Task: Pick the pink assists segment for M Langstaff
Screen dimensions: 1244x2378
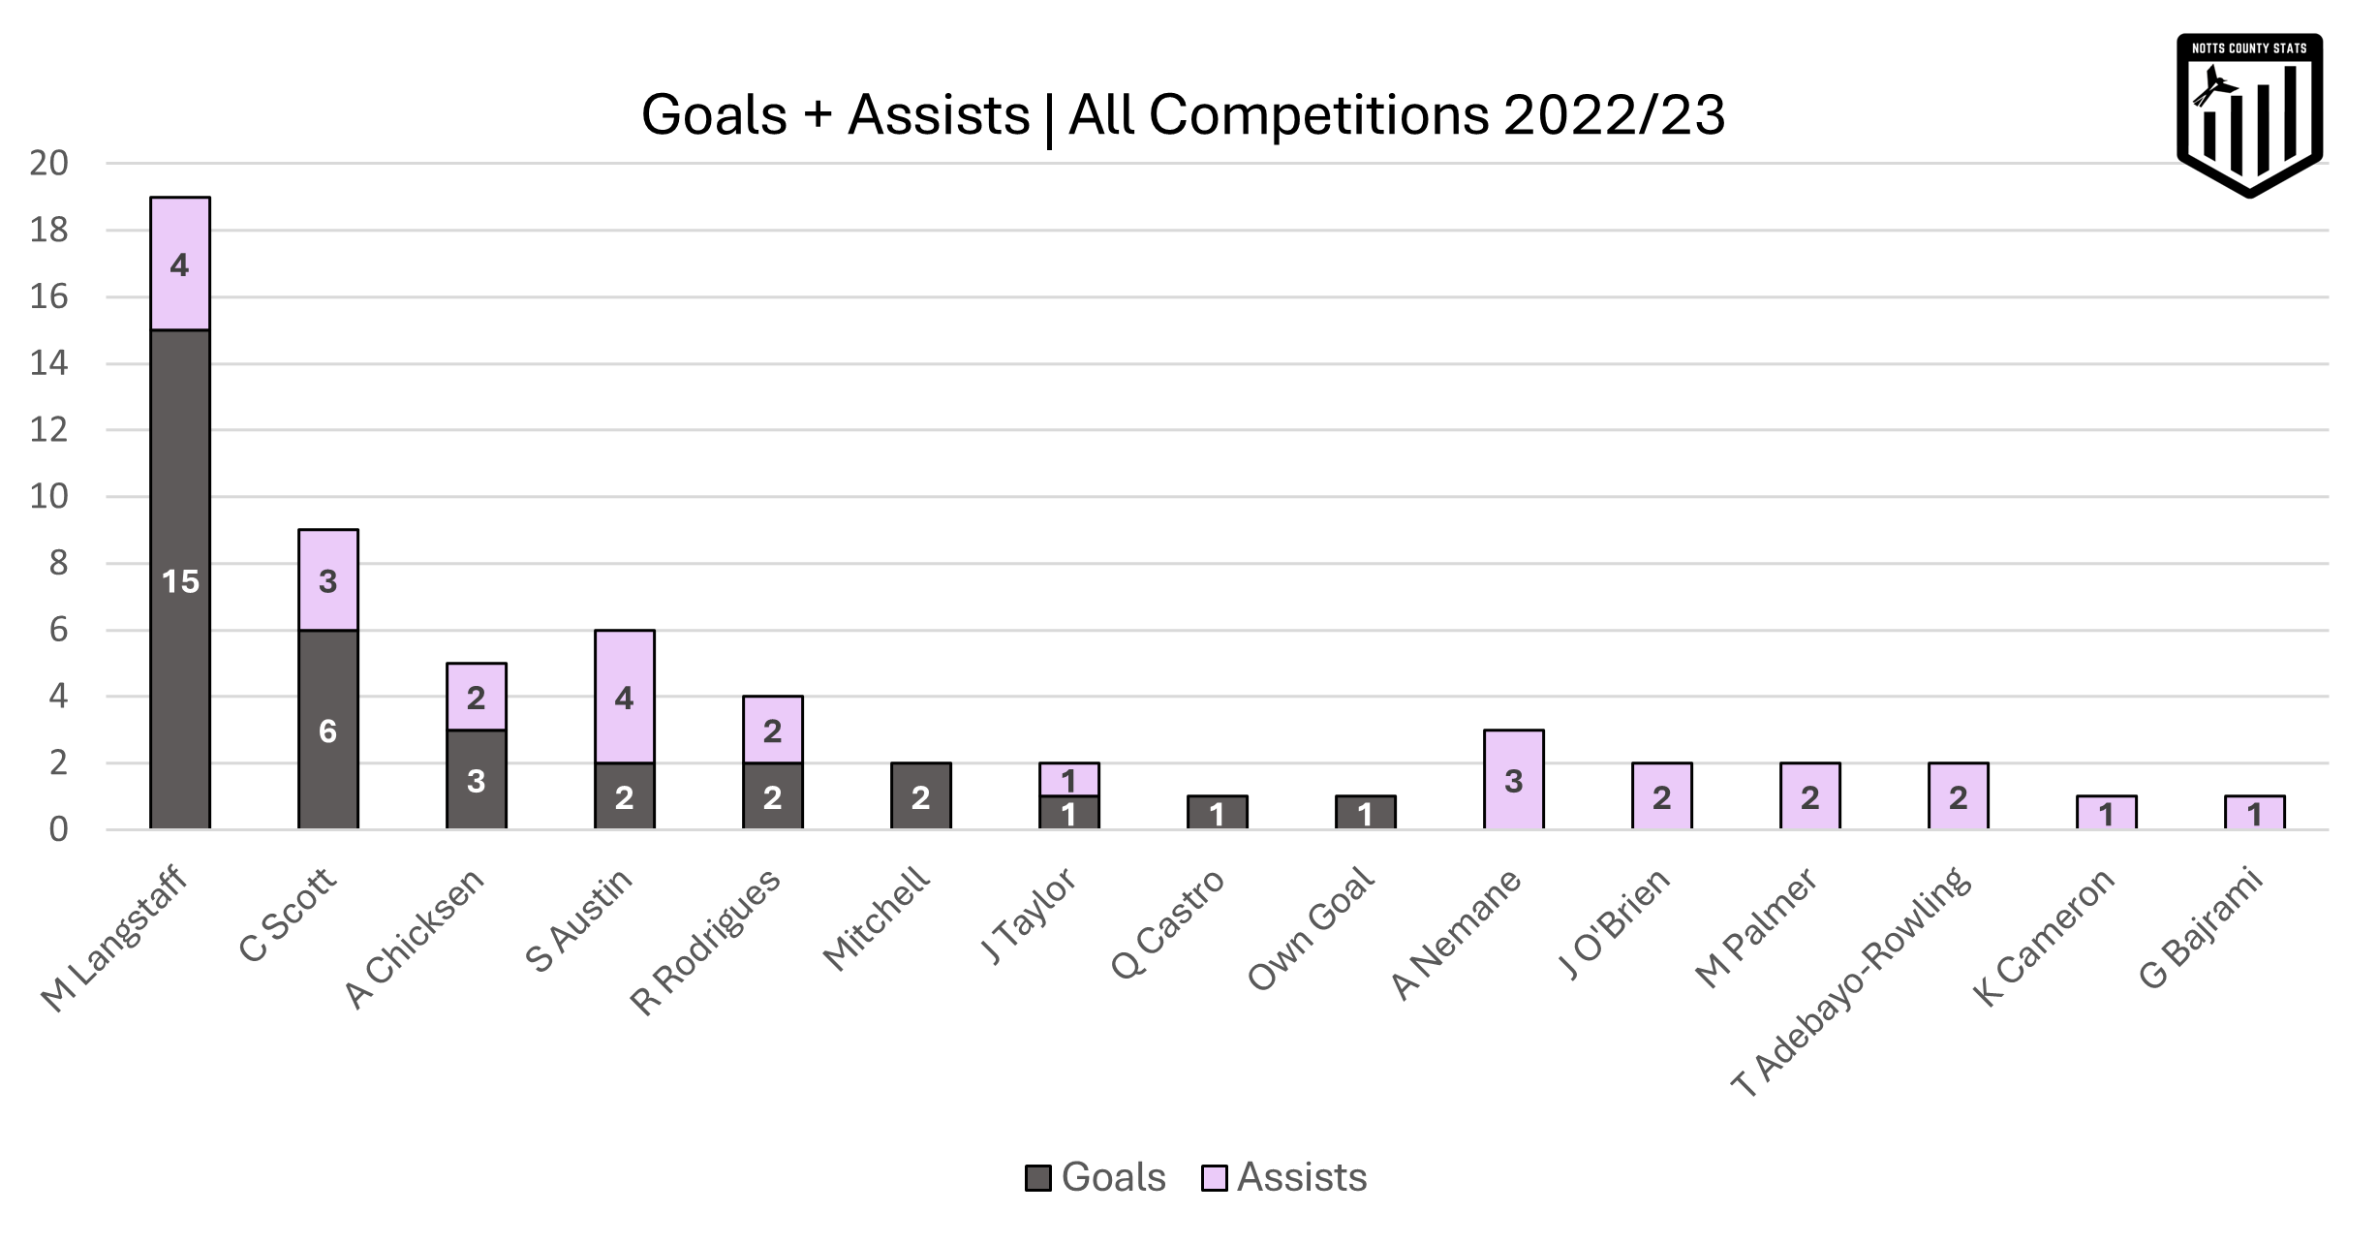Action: click(x=180, y=264)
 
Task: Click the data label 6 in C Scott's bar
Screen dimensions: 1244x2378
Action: click(x=327, y=731)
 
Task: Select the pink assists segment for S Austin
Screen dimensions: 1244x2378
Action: click(x=625, y=698)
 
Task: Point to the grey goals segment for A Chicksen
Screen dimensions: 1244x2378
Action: click(x=476, y=780)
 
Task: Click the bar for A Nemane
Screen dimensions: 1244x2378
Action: click(x=1513, y=780)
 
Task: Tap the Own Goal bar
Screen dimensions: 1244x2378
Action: click(x=1365, y=814)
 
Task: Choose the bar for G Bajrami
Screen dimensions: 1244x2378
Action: click(x=2254, y=814)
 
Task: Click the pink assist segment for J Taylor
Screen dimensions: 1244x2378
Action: click(x=1068, y=779)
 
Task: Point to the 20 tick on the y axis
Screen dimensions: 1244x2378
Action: click(x=48, y=163)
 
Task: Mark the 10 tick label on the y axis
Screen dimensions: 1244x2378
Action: click(x=48, y=497)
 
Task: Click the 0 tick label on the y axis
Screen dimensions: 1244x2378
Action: click(x=58, y=830)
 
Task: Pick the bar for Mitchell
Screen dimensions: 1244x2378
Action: click(x=920, y=796)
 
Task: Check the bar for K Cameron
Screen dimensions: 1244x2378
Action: click(x=2106, y=814)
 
